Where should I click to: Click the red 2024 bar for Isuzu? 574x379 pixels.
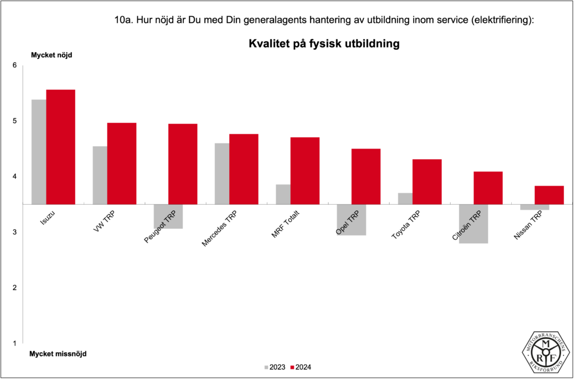coord(61,147)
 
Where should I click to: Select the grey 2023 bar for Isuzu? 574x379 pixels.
coord(39,151)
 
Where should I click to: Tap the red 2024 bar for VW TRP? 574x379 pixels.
coord(122,163)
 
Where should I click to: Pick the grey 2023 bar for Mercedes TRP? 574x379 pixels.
coord(222,174)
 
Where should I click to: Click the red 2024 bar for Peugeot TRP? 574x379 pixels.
coord(183,164)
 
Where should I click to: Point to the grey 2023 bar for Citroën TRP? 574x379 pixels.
coord(466,224)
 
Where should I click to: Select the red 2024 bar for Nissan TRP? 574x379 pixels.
coord(549,195)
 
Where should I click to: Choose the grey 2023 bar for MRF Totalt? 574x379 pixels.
coord(283,194)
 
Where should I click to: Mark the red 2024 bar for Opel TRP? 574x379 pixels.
coord(365,176)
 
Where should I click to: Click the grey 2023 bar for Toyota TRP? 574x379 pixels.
coord(405,198)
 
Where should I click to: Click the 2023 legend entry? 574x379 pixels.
coord(274,367)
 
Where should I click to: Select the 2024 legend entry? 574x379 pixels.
coord(300,367)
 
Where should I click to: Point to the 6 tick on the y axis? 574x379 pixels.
coord(15,66)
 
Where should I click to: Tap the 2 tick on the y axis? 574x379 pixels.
coord(15,288)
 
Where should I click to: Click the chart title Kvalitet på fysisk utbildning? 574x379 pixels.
coord(324,44)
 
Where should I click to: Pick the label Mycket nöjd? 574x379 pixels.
coord(52,55)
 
